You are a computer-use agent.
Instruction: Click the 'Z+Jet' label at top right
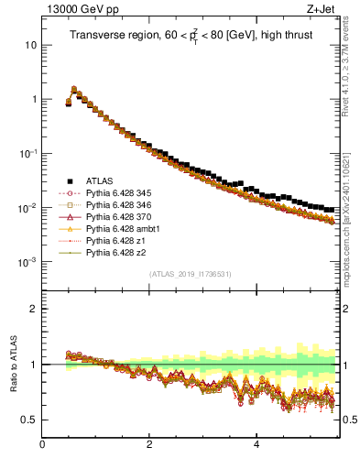click(323, 8)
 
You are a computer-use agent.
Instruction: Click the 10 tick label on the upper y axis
click(30, 45)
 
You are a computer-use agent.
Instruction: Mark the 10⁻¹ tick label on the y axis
click(27, 153)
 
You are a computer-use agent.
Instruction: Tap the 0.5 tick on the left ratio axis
click(29, 420)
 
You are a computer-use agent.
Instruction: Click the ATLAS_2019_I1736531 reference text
click(190, 274)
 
